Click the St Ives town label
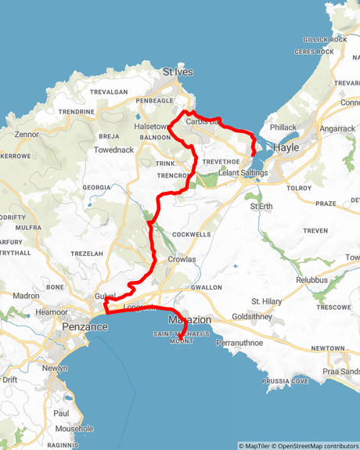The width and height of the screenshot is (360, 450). click(x=178, y=72)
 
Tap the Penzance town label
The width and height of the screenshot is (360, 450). click(x=85, y=326)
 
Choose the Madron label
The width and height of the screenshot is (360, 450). click(x=26, y=296)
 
